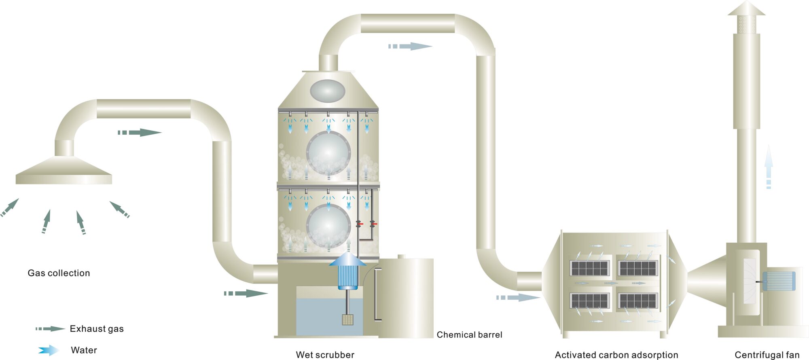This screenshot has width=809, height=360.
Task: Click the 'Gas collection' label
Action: click(59, 273)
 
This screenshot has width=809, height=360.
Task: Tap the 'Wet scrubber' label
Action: click(325, 355)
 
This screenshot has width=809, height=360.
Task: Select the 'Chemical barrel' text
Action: click(469, 335)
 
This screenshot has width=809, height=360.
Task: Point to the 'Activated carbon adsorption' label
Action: click(616, 355)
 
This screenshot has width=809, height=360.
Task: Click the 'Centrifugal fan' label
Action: click(767, 355)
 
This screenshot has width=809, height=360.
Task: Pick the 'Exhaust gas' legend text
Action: click(97, 329)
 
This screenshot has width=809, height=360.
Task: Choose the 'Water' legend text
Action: click(84, 350)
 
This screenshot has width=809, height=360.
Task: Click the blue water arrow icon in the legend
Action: click(49, 350)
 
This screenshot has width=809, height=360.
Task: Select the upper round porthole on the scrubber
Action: click(328, 152)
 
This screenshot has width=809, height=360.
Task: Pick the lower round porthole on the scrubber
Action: click(328, 225)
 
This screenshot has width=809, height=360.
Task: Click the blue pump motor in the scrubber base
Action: click(347, 277)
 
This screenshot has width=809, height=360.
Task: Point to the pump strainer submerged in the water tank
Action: click(347, 320)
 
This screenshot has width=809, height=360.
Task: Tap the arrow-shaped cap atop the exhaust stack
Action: click(746, 9)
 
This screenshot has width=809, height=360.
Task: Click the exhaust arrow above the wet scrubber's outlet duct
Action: click(410, 46)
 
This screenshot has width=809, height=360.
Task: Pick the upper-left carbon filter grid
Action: click(589, 268)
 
